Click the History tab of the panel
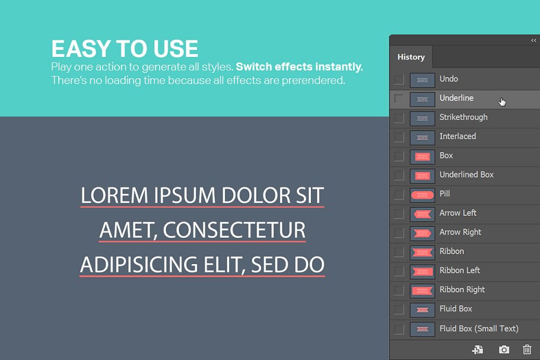tap(411, 57)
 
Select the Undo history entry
tap(449, 79)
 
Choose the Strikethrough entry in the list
tap(463, 117)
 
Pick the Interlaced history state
tap(458, 136)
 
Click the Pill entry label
tap(444, 194)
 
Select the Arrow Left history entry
tap(458, 213)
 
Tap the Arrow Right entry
tap(460, 232)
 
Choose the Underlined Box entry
tap(466, 175)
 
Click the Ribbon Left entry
tap(459, 270)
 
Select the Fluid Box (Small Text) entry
tap(479, 328)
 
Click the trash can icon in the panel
tap(527, 349)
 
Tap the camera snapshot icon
tap(504, 349)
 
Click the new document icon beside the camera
tap(478, 349)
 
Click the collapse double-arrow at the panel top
tap(533, 40)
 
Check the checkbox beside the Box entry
tap(399, 156)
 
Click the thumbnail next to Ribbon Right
tap(423, 290)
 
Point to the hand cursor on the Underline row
tap(502, 101)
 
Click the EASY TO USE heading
tap(125, 49)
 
